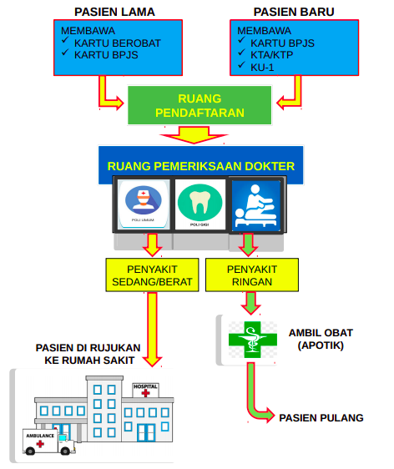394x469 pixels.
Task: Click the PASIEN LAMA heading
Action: coord(114,12)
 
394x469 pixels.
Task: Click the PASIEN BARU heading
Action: coord(294,12)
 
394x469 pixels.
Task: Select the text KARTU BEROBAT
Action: coord(117,43)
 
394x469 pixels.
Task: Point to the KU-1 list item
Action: coord(262,68)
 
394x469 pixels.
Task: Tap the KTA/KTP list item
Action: coord(271,55)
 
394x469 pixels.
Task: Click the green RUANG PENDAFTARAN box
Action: coord(200,105)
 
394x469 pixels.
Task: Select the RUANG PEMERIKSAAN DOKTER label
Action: coord(200,166)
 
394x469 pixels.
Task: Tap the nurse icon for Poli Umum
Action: coord(144,200)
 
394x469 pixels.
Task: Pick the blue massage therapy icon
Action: coord(256,205)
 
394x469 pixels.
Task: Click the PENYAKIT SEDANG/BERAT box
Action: coord(152,275)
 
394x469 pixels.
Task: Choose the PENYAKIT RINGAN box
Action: coord(252,275)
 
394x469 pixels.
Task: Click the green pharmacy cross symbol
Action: coord(253,340)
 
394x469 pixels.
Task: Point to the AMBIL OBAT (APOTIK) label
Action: coord(321,339)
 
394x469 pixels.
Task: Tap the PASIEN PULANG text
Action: coord(321,418)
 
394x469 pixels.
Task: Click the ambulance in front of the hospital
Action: coord(48,441)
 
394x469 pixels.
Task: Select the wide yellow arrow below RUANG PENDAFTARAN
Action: coord(194,134)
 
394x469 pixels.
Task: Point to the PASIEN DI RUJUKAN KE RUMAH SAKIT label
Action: coord(88,354)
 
